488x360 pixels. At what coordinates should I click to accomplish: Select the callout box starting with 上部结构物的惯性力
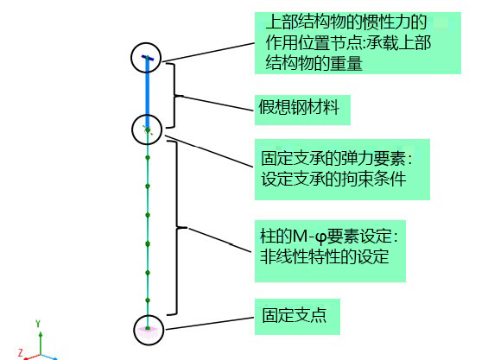[358, 43]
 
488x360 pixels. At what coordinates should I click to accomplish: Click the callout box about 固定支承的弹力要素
[342, 169]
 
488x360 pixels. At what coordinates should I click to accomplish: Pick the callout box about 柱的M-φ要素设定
[330, 251]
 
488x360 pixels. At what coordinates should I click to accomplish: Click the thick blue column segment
[148, 93]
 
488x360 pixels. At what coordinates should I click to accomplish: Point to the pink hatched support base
[148, 332]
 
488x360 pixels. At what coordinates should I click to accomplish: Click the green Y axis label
[38, 324]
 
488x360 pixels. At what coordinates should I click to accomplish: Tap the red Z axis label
[21, 352]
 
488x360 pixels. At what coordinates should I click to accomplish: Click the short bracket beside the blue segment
[174, 95]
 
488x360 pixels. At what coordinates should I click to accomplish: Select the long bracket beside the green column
[177, 228]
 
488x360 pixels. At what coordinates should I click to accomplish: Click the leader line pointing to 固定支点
[210, 324]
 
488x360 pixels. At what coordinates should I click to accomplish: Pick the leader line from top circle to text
[208, 53]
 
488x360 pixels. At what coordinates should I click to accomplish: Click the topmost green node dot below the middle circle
[148, 158]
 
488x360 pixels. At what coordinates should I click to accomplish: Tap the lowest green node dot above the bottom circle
[148, 300]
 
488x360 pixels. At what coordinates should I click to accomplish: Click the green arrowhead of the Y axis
[41, 334]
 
